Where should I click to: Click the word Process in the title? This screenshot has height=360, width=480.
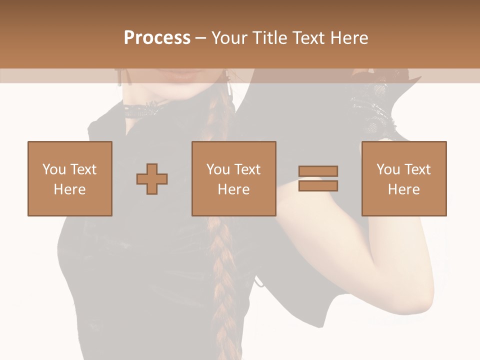(x=157, y=38)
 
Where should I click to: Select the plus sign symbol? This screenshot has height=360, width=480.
(x=152, y=178)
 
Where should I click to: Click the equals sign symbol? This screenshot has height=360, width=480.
(x=318, y=178)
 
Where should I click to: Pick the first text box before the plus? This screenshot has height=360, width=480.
(x=70, y=178)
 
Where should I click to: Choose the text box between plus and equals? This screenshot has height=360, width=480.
(x=234, y=178)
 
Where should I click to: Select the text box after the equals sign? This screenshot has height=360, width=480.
(x=404, y=178)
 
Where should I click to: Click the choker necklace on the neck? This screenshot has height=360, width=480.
(x=145, y=109)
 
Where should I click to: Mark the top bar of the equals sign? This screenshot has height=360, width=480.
(x=318, y=171)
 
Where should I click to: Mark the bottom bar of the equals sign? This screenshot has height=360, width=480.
(x=318, y=186)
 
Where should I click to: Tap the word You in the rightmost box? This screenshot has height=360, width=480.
(x=388, y=169)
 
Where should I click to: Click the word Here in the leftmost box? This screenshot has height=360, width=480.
(x=70, y=189)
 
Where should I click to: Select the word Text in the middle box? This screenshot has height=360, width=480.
(x=248, y=169)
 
